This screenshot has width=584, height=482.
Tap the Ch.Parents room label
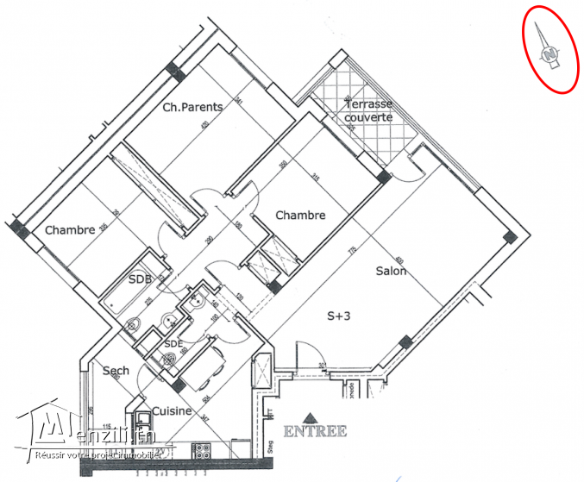click(x=193, y=108)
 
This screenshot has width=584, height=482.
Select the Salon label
click(x=391, y=271)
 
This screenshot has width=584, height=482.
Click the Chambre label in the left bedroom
click(x=70, y=230)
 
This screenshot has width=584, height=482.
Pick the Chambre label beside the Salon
click(x=300, y=215)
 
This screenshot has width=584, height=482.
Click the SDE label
click(x=173, y=343)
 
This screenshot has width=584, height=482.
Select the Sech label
click(x=116, y=371)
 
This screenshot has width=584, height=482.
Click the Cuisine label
click(x=173, y=411)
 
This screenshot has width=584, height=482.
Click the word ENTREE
click(x=314, y=431)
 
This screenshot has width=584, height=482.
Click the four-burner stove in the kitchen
click(x=204, y=450)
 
